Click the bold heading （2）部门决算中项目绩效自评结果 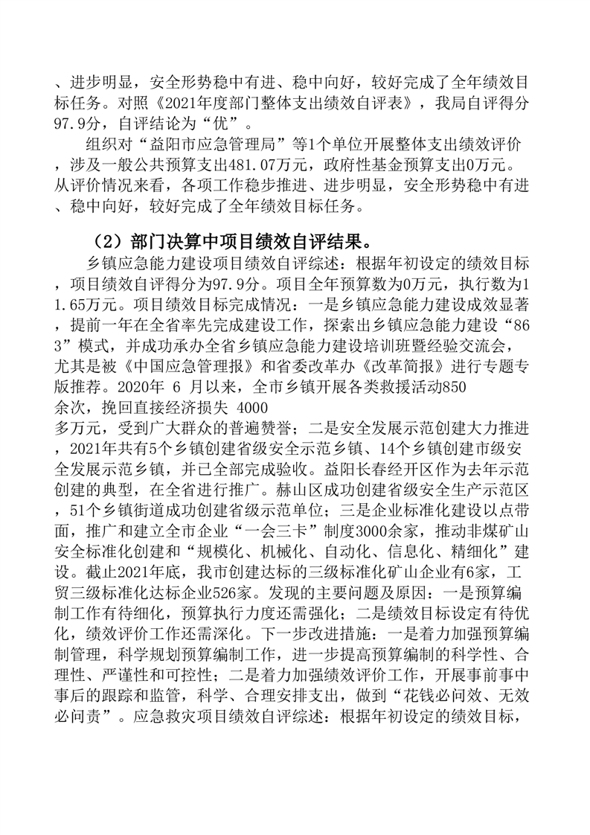(x=232, y=243)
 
